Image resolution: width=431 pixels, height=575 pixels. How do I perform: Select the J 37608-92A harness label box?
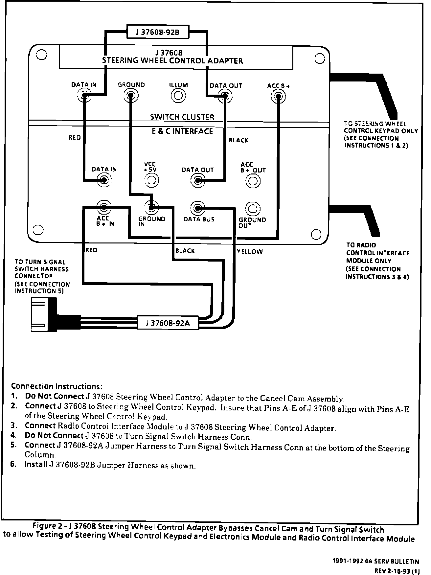coord(168,323)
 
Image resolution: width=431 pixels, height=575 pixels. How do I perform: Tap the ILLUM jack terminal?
coord(178,96)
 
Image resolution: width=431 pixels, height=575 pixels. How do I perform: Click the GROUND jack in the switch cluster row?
coord(131,96)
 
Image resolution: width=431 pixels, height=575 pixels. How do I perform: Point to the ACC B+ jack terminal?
coord(278,96)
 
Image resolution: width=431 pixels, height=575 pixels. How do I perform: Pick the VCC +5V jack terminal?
coord(152,180)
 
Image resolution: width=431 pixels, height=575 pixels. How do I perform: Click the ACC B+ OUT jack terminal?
coord(253,181)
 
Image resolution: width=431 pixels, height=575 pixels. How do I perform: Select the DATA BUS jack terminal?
coord(198,208)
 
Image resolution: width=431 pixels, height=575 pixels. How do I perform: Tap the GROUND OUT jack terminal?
coord(253,208)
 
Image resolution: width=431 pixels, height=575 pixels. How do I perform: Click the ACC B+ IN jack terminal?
coord(104,207)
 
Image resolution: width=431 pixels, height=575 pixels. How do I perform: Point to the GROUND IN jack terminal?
coord(151,207)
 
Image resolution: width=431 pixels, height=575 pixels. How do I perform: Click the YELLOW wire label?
coord(250,252)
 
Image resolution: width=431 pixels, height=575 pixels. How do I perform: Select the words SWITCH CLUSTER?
coord(182,117)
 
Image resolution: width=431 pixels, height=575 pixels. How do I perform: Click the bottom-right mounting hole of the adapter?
coord(316,234)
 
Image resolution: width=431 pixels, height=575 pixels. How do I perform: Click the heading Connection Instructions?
coord(57,386)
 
